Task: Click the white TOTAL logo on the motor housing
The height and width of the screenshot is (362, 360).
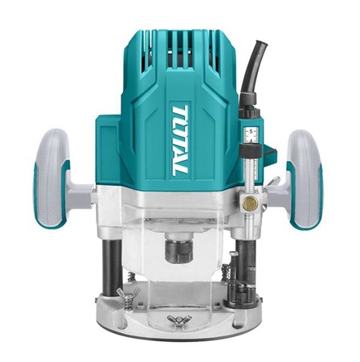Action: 180,141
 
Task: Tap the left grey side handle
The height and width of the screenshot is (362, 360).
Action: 51,179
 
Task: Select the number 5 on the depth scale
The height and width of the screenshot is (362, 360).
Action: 251,131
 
